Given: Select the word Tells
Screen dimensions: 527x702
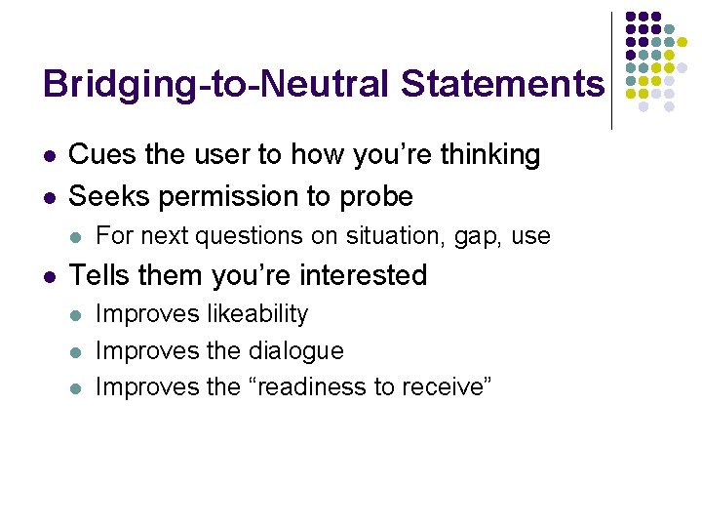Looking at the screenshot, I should click(101, 276).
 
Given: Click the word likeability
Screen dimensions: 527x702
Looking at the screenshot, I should click(257, 314).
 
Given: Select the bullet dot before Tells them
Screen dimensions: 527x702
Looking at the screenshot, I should click(49, 277).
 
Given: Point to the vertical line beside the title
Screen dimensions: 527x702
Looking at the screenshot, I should click(611, 70).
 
